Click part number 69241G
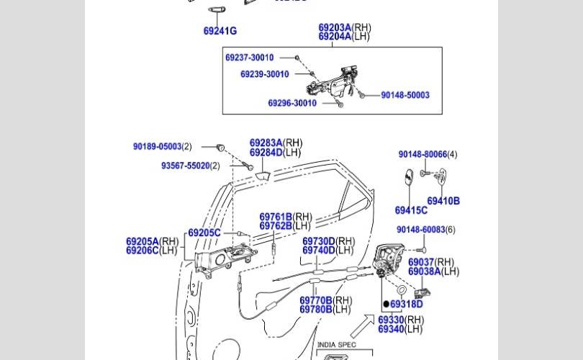220,31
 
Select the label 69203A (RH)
344,28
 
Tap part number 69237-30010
249,58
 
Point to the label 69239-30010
264,74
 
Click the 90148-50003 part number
405,95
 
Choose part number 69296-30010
291,103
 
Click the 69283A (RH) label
276,143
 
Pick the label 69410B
443,202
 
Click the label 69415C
410,210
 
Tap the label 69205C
204,233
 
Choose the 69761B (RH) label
285,217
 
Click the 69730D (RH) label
328,241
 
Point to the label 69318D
406,305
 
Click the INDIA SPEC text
336,345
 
